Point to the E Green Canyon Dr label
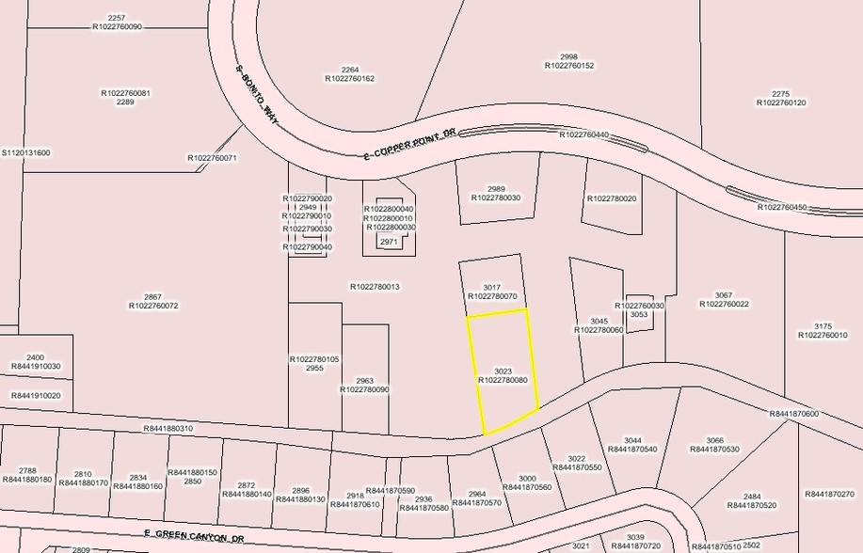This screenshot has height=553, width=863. tap(194, 537)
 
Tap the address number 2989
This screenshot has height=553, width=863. tap(496, 188)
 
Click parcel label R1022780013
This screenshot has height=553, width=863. tap(375, 287)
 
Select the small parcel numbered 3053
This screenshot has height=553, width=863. tap(639, 314)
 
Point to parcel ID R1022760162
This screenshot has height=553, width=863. tap(350, 79)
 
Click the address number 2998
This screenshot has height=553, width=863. tap(568, 55)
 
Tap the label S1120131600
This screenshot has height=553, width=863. tap(26, 152)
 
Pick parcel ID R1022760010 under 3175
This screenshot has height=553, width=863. tap(823, 335)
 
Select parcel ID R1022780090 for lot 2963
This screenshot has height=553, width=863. tap(364, 389)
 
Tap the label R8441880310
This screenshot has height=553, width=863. tap(168, 429)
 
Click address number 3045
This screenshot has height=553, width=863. tap(599, 321)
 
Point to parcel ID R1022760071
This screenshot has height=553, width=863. tap(213, 158)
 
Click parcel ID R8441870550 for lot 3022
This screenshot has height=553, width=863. tap(577, 467)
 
